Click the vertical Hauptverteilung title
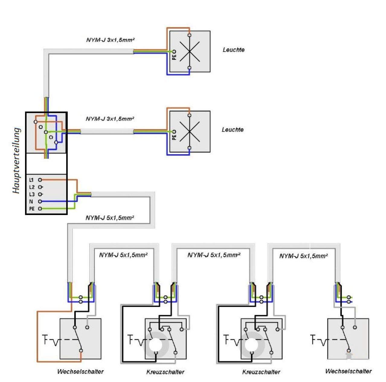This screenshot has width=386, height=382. click(x=17, y=161)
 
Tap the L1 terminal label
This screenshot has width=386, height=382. click(x=31, y=180)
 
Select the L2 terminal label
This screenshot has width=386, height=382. click(x=32, y=187)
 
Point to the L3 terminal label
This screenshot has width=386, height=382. click(x=32, y=194)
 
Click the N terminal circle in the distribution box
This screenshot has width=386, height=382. click(x=40, y=201)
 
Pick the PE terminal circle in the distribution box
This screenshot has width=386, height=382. click(x=40, y=209)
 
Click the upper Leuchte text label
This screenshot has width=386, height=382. click(x=233, y=50)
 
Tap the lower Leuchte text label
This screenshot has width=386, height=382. click(x=233, y=130)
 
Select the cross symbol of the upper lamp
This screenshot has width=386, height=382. click(x=189, y=51)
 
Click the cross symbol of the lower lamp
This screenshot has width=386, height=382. click(x=189, y=132)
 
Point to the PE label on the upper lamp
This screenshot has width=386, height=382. click(x=174, y=56)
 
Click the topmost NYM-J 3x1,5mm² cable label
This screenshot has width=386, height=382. click(x=110, y=40)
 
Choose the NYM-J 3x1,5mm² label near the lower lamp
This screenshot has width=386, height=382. click(x=110, y=119)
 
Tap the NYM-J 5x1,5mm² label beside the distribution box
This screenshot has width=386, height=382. click(x=110, y=218)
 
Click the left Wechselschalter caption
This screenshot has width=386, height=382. click(x=80, y=371)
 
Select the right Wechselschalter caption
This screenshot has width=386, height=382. click(x=348, y=371)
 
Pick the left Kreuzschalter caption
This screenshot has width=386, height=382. click(x=165, y=372)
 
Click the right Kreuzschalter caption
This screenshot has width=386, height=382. click(x=261, y=372)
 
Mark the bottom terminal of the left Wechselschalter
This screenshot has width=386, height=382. click(x=81, y=351)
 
